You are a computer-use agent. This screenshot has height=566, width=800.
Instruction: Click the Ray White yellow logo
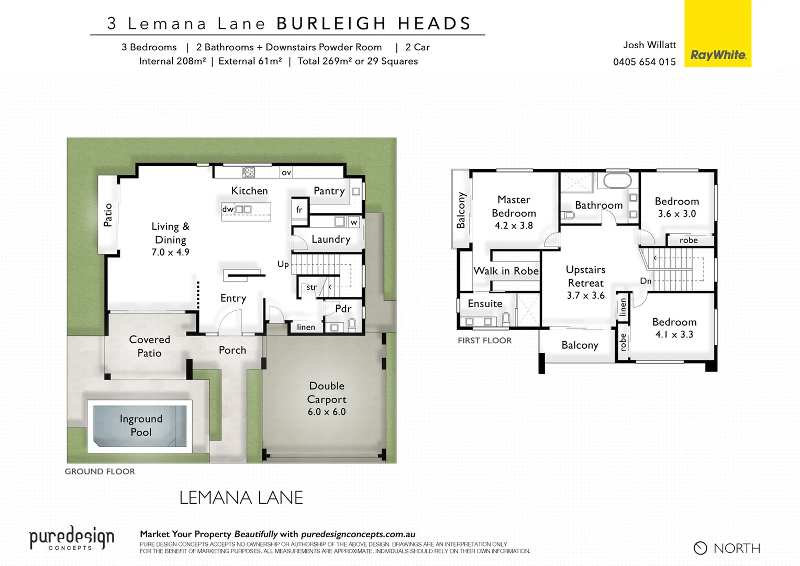[717, 34]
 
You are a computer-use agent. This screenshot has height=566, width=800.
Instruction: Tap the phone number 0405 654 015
[644, 62]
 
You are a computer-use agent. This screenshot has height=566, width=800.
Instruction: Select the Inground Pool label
[141, 426]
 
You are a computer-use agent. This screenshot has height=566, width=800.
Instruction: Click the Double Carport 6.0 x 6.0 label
[327, 399]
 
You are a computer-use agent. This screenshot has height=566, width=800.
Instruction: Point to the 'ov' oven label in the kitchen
[286, 172]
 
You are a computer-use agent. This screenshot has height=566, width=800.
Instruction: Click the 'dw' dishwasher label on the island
[227, 209]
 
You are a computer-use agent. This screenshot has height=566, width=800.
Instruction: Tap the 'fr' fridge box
[299, 209]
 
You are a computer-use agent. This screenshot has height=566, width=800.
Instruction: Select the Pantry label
[329, 191]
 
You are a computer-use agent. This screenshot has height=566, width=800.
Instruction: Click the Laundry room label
[330, 240]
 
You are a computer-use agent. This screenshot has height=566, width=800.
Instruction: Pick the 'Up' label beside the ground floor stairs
[283, 264]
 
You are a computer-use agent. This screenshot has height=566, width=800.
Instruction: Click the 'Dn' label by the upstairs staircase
[646, 281]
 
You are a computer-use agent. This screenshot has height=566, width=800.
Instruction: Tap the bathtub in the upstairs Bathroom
[618, 181]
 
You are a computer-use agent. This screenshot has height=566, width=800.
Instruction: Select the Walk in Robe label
[506, 271]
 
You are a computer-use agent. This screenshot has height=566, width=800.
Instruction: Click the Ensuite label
[485, 304]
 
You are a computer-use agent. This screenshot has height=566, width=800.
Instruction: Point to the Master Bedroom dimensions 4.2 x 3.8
[514, 226]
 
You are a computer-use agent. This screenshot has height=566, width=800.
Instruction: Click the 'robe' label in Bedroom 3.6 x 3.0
[688, 240]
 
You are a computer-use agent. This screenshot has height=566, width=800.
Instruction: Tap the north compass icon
[700, 548]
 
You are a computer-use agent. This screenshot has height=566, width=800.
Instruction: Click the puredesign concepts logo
[71, 539]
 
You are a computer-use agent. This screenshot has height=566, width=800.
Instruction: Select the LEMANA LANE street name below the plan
[241, 498]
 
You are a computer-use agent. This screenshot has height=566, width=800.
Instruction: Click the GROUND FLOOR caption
[99, 472]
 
